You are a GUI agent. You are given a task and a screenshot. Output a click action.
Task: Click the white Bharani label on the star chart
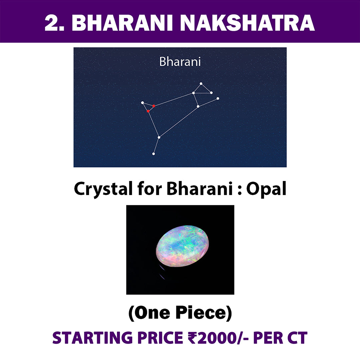[180, 62]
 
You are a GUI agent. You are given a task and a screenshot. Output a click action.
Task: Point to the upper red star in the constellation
[154, 106]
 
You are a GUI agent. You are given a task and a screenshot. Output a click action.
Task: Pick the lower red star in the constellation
[148, 111]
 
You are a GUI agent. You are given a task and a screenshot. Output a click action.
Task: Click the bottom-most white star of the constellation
[154, 154]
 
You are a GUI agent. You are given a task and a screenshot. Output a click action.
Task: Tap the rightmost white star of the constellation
[218, 98]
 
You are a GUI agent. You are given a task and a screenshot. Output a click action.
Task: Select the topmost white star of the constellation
[201, 84]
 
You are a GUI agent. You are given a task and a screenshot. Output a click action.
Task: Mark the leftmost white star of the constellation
[142, 103]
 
